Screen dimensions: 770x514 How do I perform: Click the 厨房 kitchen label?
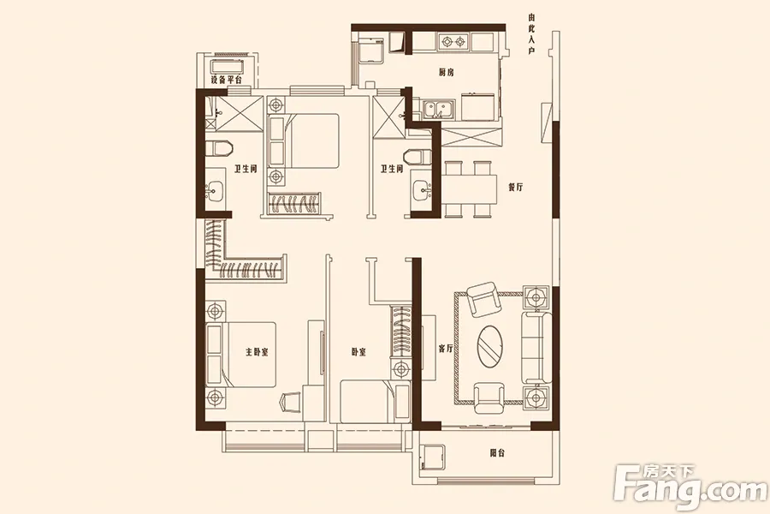click(x=446, y=73)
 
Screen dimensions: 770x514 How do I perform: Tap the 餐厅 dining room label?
click(x=516, y=187)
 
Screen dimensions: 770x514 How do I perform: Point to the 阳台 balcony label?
click(x=497, y=453)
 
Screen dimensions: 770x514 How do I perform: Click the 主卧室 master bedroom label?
click(x=257, y=352)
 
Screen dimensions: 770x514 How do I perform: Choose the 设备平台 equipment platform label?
click(x=226, y=80)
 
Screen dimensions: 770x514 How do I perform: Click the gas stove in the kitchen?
click(x=453, y=42)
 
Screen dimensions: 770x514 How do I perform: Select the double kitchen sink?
click(x=440, y=109)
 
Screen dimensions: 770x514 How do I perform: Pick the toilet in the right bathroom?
click(x=418, y=157)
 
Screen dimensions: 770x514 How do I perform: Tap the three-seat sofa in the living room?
click(x=536, y=347)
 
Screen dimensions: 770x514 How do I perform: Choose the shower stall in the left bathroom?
click(x=234, y=114)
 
